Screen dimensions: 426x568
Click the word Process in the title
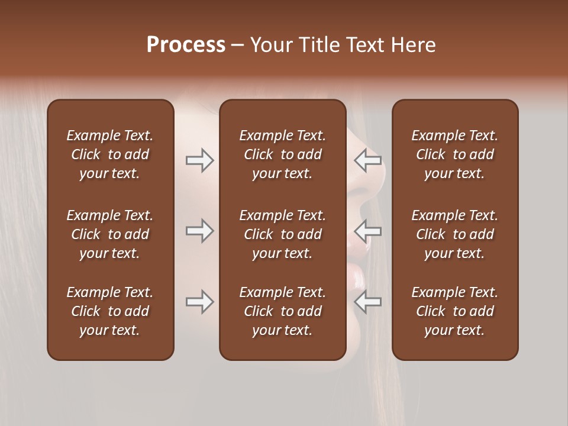[186, 45]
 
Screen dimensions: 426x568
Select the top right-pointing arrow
[199, 160]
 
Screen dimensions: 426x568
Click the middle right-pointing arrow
[199, 231]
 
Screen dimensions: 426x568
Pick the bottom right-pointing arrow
[199, 302]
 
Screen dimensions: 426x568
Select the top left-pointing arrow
[368, 160]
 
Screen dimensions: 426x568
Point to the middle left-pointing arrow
[368, 231]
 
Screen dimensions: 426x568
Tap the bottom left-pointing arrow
[368, 302]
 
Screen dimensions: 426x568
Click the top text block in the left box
[110, 154]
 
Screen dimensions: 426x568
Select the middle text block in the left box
[110, 234]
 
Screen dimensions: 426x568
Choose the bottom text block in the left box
[110, 311]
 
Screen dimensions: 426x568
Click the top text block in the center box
[282, 154]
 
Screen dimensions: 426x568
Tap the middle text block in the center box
[282, 234]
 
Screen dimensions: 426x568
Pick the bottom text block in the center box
[282, 311]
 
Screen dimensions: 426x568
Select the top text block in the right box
[454, 154]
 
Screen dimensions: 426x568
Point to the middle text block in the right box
[454, 234]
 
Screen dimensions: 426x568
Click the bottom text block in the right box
[454, 311]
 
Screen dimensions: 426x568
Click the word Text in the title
[362, 45]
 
